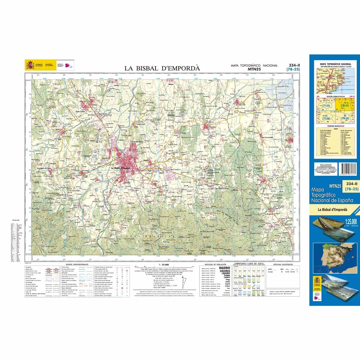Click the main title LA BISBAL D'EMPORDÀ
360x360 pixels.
pyautogui.click(x=162, y=68)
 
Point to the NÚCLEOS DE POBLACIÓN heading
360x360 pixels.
pyautogui.click(x=213, y=264)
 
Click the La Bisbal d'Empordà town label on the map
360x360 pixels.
pyautogui.click(x=121, y=168)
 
